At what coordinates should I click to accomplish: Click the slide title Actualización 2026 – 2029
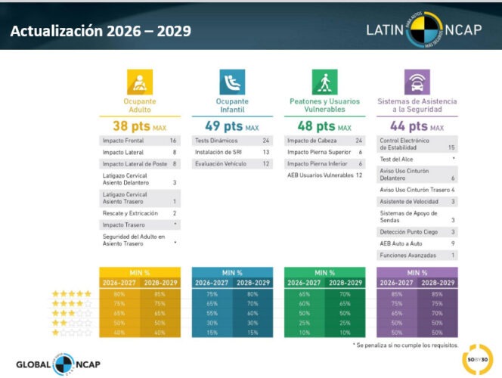[101, 32]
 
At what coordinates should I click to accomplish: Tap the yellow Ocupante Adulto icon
[140, 82]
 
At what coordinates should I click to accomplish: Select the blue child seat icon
[232, 82]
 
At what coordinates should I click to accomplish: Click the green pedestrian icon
[324, 82]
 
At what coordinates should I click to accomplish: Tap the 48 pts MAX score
[324, 126]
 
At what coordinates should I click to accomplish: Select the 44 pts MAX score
[417, 126]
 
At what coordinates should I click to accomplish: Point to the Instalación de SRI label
[219, 152]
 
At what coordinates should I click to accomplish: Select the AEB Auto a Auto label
[401, 243]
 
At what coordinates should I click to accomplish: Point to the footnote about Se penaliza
[407, 345]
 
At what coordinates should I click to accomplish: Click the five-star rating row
[71, 293]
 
